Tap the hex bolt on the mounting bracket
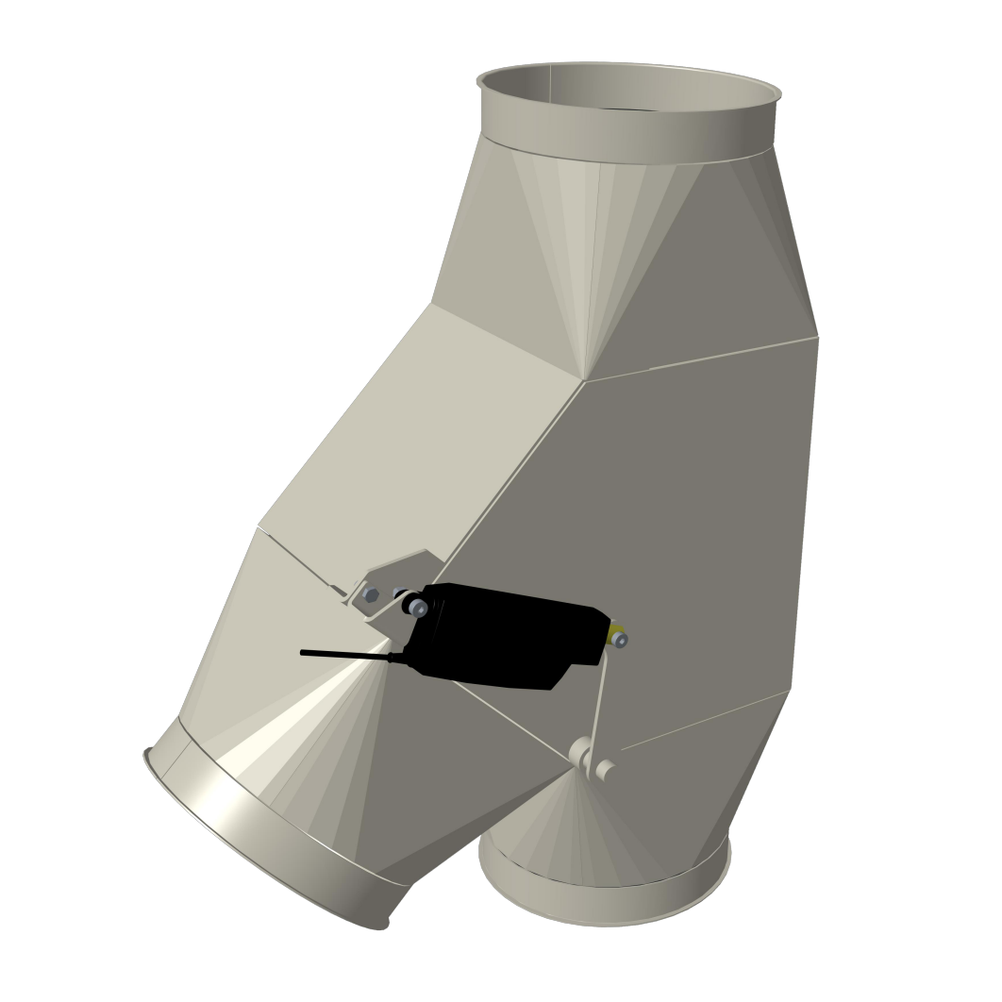[x=371, y=595]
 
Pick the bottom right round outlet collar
[x=604, y=901]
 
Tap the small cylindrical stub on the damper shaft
[x=606, y=771]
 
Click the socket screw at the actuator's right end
[x=620, y=641]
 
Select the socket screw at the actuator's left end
[x=418, y=610]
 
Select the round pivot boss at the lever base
[x=581, y=753]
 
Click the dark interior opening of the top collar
[x=627, y=85]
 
